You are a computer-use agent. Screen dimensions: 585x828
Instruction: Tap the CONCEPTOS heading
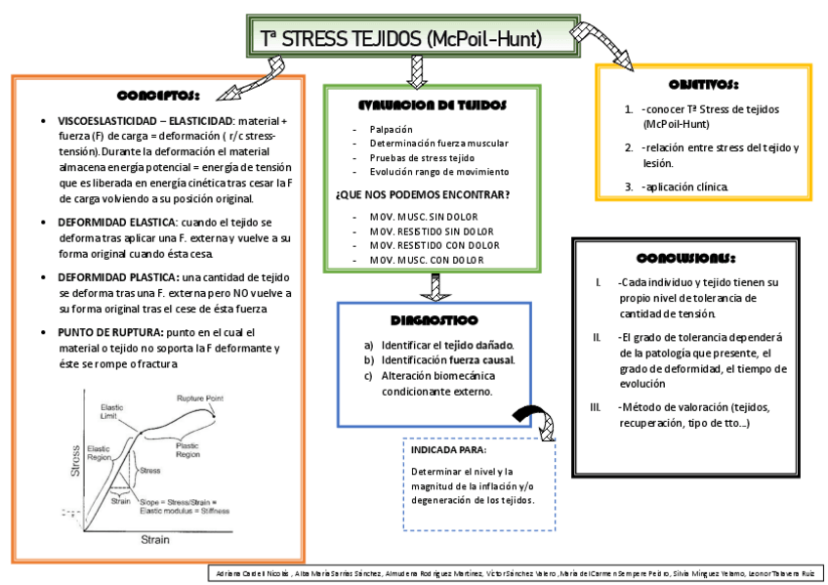tap(158, 97)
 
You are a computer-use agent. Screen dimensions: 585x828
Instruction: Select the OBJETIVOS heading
tap(703, 86)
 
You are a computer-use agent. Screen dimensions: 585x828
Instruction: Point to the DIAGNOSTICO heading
tap(434, 320)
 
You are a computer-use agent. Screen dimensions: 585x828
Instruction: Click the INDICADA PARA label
tap(448, 450)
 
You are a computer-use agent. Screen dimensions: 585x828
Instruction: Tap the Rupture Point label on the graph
tap(200, 398)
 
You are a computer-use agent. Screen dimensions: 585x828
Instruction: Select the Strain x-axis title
tap(155, 538)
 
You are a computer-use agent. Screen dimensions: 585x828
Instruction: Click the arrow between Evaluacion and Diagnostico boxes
tap(431, 287)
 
